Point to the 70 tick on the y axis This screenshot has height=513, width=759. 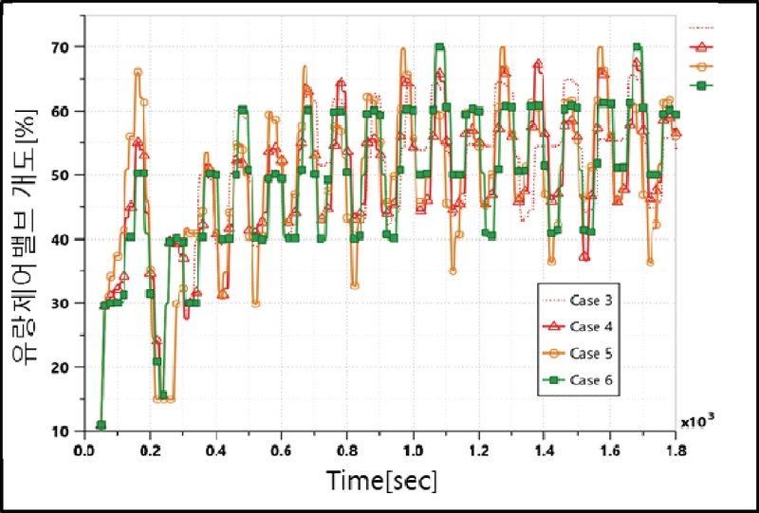[71, 46]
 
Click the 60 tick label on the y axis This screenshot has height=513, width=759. [71, 111]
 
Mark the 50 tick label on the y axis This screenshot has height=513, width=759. [71, 175]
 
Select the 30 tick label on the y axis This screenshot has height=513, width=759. [71, 303]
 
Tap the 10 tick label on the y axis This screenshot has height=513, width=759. [71, 431]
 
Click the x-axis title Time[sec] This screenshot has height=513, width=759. [381, 481]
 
